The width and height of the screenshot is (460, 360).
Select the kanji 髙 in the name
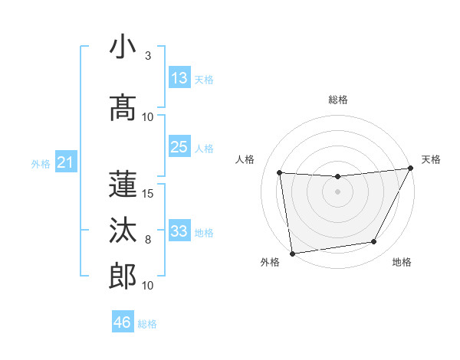[123, 108]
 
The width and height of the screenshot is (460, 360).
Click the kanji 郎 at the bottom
[123, 277]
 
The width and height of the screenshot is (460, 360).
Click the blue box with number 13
[179, 79]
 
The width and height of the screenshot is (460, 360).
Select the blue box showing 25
[179, 147]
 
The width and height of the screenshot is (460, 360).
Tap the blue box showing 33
[179, 231]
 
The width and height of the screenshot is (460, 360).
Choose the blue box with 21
[66, 162]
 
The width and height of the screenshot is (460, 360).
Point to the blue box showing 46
[123, 322]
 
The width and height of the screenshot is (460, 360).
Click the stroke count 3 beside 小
[147, 56]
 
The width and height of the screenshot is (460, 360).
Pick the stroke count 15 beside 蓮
[148, 193]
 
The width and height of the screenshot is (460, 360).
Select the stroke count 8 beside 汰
[147, 239]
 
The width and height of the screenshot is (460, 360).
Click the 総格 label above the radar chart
[337, 100]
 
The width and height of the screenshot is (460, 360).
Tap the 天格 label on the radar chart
[431, 159]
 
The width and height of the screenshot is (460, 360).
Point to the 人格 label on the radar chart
[245, 159]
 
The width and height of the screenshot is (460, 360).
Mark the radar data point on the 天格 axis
[411, 169]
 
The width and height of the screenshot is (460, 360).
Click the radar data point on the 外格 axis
[292, 253]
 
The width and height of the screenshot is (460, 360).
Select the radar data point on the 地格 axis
[374, 242]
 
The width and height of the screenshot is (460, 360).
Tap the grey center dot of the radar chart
[337, 191]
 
